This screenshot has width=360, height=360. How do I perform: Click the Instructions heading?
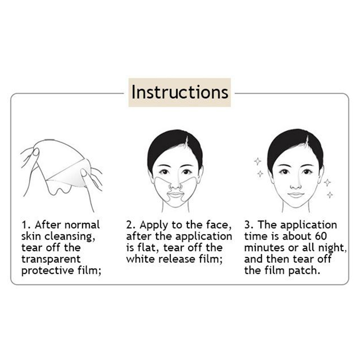pos(180,92)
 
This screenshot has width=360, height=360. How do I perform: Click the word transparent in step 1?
pos(51,259)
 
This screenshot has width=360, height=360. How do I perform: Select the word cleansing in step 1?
pos(70,237)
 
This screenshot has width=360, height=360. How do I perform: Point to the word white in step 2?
pos(140,259)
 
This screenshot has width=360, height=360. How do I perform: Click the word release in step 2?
pos(177,259)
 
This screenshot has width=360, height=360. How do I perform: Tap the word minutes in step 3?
pos(264,248)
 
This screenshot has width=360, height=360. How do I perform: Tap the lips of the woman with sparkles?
pos(296,195)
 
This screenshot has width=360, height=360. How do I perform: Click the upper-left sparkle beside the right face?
pos(257,162)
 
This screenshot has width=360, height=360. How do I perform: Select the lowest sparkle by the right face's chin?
pos(330,195)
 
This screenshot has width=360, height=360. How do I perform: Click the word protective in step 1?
pos(48,270)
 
